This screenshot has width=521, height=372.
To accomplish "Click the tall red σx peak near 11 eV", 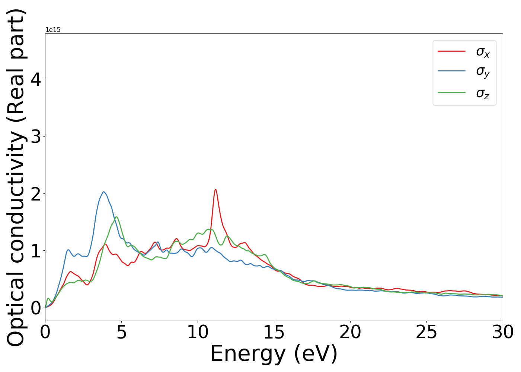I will pyautogui.click(x=215, y=190).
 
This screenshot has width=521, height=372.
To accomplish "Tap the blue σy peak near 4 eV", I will pyautogui.click(x=104, y=192).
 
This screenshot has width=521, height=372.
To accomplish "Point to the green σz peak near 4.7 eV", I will pyautogui.click(x=116, y=217).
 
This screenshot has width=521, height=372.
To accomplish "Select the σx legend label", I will pyautogui.click(x=483, y=52).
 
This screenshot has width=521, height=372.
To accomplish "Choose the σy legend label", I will pyautogui.click(x=483, y=71).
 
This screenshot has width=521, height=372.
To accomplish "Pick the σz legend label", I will pyautogui.click(x=483, y=93).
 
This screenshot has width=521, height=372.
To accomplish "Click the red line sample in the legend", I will pyautogui.click(x=451, y=51).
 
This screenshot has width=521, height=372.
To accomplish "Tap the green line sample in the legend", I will pyautogui.click(x=451, y=92).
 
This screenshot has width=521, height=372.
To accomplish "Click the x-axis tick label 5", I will pyautogui.click(x=121, y=332).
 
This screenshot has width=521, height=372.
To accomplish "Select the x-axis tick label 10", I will pyautogui.click(x=198, y=332).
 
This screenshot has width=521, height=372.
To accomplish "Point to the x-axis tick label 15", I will pyautogui.click(x=274, y=332).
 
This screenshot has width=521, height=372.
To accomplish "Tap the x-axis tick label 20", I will pyautogui.click(x=350, y=332).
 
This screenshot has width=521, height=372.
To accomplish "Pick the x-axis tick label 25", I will pyautogui.click(x=426, y=332).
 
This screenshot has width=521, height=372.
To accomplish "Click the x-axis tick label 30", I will pyautogui.click(x=503, y=332).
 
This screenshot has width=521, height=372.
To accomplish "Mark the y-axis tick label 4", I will pyautogui.click(x=35, y=79).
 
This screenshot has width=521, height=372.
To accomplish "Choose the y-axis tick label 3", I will pyautogui.click(x=35, y=137).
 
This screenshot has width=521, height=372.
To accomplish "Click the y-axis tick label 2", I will pyautogui.click(x=35, y=193).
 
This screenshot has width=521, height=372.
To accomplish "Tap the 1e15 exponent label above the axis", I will pyautogui.click(x=53, y=30).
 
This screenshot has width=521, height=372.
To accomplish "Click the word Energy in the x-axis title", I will pyautogui.click(x=250, y=353).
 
